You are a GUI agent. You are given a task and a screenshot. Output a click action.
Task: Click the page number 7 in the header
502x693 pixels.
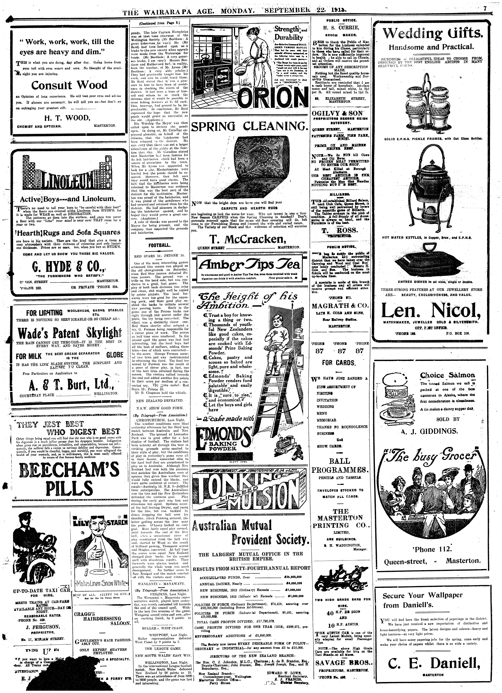(485, 9)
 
